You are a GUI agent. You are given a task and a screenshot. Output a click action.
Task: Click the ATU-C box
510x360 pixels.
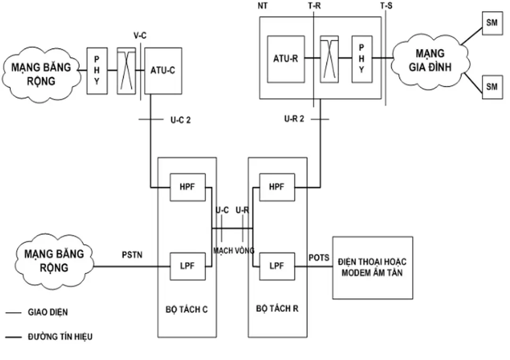[x=163, y=70]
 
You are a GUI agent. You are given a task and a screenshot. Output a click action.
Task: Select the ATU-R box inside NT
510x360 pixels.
[x=286, y=59]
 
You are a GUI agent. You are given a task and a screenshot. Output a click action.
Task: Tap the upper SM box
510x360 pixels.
[x=492, y=23]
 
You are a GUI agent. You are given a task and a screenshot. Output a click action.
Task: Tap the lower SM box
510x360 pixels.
[x=492, y=86]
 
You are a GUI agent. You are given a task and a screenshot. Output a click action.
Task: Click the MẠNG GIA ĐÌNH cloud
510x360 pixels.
[x=430, y=61]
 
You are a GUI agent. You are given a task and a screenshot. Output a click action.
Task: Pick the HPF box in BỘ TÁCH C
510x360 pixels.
[x=188, y=187]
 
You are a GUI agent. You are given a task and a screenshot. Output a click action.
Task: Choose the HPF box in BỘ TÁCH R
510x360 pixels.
[x=276, y=187]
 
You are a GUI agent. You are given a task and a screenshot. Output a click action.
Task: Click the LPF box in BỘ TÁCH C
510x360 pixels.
[x=188, y=266]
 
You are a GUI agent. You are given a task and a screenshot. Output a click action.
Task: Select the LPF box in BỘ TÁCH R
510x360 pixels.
[x=276, y=266]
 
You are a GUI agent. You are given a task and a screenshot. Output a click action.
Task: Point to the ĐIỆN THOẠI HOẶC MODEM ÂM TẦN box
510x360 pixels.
[x=373, y=267]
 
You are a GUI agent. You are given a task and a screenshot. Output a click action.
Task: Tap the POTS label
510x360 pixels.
[x=319, y=257]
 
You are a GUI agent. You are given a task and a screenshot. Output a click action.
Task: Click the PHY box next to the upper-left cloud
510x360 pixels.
[x=97, y=70]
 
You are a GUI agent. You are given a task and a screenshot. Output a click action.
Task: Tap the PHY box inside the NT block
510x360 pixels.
[x=362, y=59]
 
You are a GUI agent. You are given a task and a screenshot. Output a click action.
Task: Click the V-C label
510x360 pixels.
[x=140, y=36]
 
